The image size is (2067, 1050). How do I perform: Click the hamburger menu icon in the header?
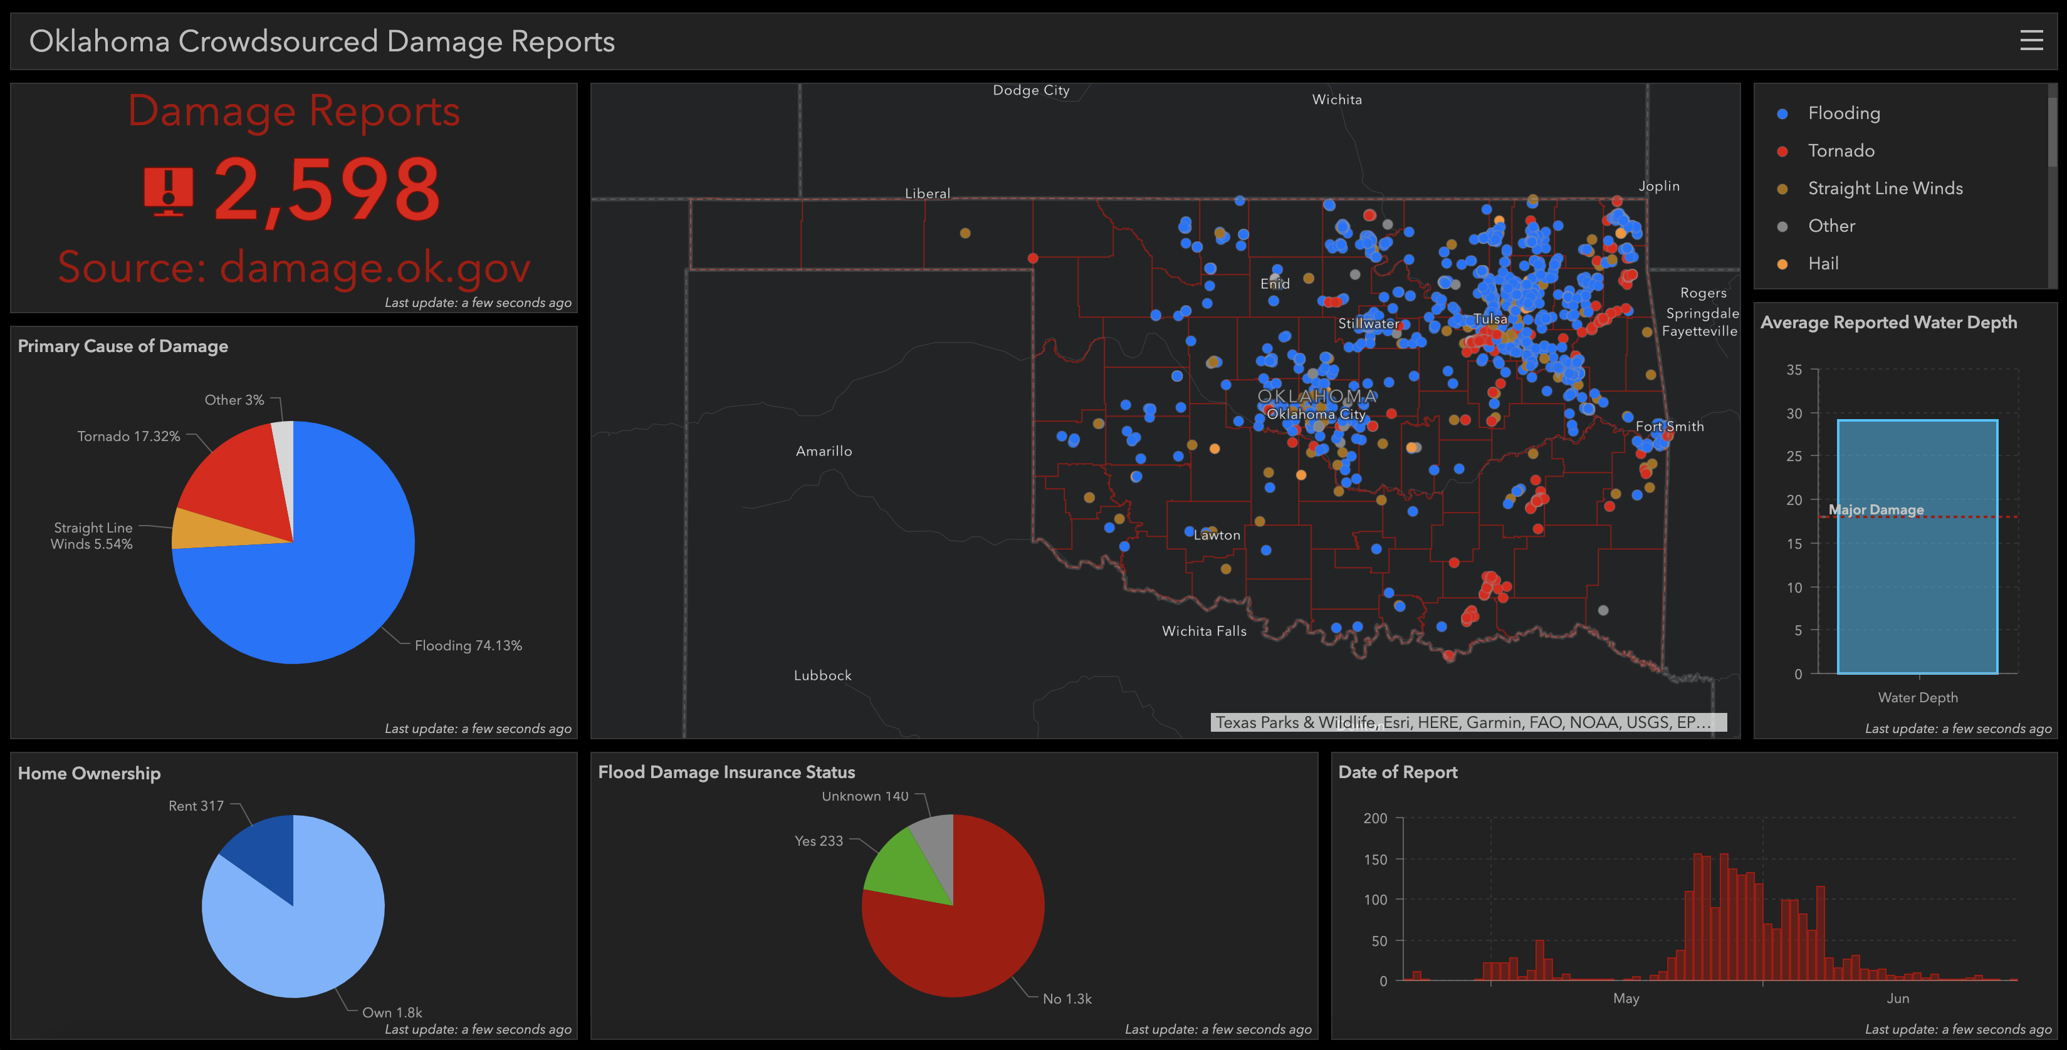pos(2031,40)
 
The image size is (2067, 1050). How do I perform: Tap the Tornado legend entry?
pos(1841,151)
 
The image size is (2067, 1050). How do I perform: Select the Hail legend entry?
pos(1823,263)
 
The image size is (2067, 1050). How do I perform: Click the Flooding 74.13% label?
pos(468,646)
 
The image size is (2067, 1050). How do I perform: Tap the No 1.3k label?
pos(1066,999)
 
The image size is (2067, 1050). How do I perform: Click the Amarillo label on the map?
pos(824,451)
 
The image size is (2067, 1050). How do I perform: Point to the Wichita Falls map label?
pos(1203,632)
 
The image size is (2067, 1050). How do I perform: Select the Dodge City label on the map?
pos(1031,90)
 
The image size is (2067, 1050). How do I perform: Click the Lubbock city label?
pos(822,675)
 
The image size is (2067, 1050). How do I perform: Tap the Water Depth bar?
pos(1917,561)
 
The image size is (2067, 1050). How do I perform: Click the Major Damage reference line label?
pos(1875,510)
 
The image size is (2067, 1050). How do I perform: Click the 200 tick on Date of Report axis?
pos(1374,818)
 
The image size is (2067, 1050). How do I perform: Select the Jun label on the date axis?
pos(1898,999)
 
